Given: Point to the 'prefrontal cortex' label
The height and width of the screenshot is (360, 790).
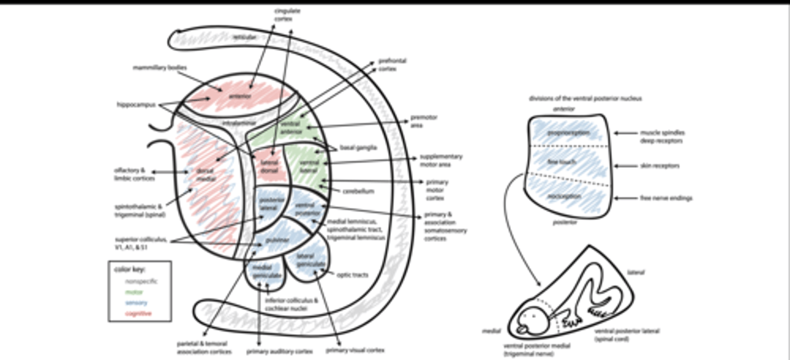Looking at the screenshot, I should [x=392, y=65].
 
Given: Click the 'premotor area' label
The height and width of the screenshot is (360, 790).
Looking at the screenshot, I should [x=424, y=121].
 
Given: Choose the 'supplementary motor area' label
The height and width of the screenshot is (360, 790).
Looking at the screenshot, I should [x=441, y=160].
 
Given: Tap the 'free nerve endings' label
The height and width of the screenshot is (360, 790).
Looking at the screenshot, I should [x=658, y=198].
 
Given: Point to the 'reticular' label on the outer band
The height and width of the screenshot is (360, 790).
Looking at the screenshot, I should [x=244, y=37].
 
